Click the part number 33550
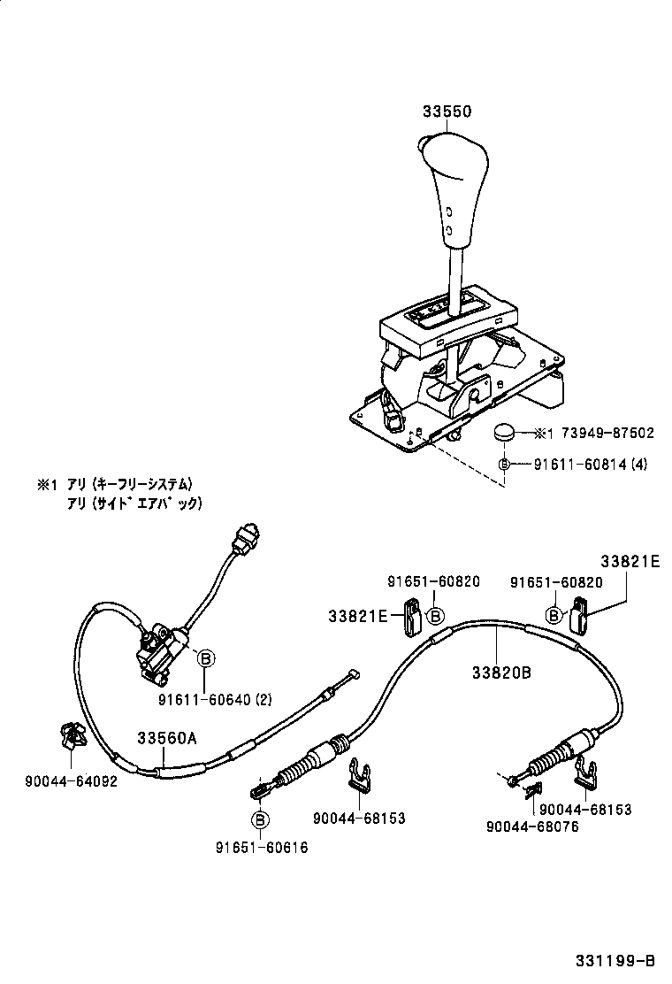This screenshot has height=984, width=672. (447, 112)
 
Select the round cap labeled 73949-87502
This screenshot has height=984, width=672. (504, 433)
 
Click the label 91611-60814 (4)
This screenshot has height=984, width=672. (590, 464)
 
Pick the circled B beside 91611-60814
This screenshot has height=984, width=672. (504, 464)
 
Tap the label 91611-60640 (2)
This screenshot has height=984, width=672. (215, 699)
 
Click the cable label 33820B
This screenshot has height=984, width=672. (500, 673)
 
